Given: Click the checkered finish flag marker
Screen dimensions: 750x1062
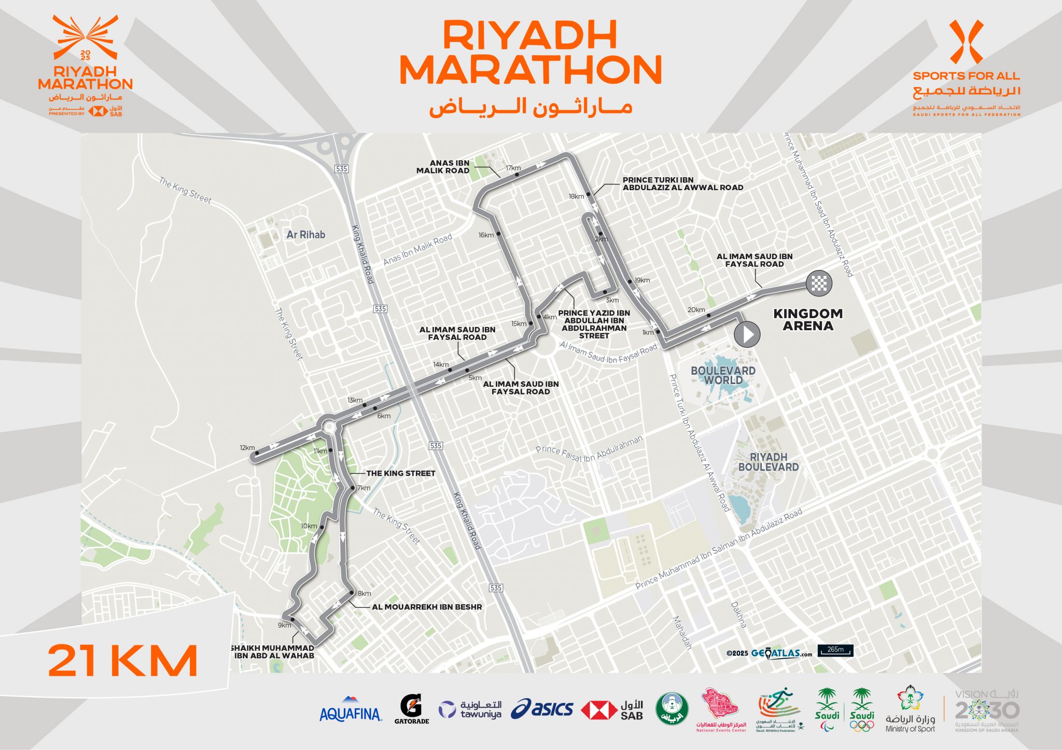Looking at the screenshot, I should (819, 284).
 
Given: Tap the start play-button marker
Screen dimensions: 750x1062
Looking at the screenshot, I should (747, 334).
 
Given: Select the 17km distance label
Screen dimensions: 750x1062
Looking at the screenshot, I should (513, 168).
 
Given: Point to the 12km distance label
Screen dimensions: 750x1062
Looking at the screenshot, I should (247, 448).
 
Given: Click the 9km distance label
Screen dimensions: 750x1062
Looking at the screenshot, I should (284, 625).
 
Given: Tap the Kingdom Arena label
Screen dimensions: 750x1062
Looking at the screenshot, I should (808, 320).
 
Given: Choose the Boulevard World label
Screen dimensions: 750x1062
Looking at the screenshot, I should (723, 375).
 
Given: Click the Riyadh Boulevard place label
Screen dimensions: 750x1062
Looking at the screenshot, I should (768, 462).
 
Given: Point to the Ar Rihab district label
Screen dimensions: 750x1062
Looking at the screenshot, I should (306, 235).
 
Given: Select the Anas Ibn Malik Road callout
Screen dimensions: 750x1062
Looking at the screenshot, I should (443, 166).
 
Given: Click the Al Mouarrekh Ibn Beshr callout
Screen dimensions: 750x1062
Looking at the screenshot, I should (427, 607).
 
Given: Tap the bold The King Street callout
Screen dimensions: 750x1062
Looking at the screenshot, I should (401, 473).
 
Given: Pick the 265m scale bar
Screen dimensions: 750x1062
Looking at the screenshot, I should (835, 650).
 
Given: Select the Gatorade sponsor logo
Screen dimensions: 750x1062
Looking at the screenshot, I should (412, 709).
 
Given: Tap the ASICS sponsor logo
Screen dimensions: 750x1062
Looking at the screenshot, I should (542, 709).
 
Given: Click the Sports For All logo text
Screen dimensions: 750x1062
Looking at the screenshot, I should (967, 76).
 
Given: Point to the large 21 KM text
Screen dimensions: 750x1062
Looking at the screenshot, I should (123, 661).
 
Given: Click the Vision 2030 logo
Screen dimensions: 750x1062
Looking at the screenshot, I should (987, 711).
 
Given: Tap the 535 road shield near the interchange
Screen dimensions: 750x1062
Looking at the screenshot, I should (341, 168).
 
